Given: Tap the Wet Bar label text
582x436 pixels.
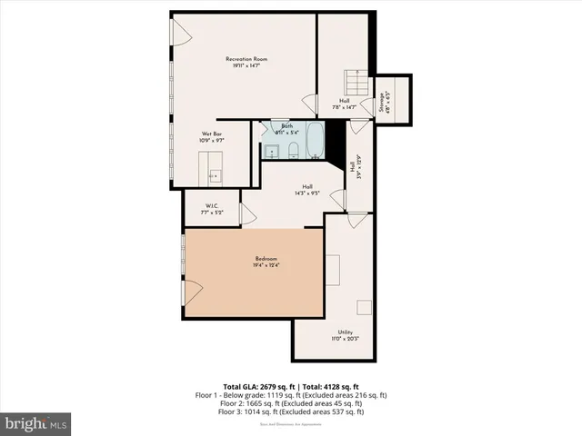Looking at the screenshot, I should (x=212, y=134).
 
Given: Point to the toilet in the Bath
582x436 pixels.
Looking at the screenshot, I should (x=295, y=149).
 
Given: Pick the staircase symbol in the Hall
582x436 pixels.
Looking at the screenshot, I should (x=353, y=84).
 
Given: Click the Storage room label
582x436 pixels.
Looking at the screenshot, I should (x=382, y=103).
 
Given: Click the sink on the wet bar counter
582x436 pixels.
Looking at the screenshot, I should (x=216, y=173).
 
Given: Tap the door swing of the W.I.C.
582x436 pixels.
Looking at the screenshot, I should (x=246, y=213).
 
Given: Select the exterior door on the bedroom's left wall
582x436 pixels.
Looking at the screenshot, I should (x=189, y=292).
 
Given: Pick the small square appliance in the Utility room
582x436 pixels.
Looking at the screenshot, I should (x=364, y=307).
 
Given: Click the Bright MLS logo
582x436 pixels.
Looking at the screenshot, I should (x=35, y=423).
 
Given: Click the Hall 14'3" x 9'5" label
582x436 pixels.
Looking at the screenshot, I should (x=307, y=189).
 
